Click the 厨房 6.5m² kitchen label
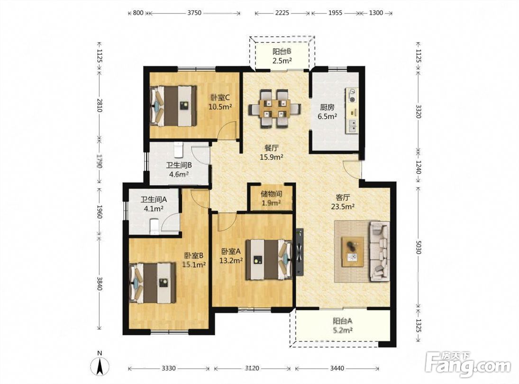click(x=328, y=111)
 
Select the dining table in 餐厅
click(x=275, y=109)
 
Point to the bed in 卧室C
click(x=173, y=106)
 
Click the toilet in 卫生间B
click(x=178, y=150)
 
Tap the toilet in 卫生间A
click(x=155, y=227)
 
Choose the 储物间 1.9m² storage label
click(x=272, y=198)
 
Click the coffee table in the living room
click(x=353, y=252)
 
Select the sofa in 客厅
click(x=380, y=251)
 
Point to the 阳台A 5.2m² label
click(x=343, y=325)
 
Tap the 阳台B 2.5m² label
click(x=282, y=56)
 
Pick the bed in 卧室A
click(x=269, y=259)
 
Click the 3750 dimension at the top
click(x=194, y=13)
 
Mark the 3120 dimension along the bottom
click(x=252, y=368)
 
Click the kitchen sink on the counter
click(x=352, y=125)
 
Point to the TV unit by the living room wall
click(x=300, y=252)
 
